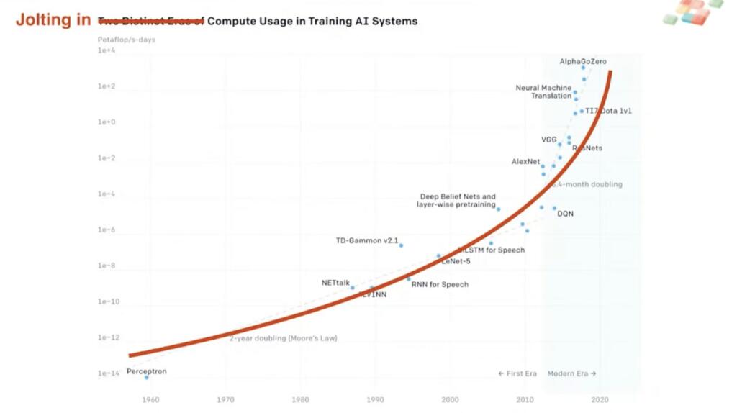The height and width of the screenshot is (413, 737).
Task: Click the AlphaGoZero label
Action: tap(583, 62)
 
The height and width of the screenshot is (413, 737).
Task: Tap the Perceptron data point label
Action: tap(146, 371)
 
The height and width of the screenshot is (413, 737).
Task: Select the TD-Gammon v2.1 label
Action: tap(367, 240)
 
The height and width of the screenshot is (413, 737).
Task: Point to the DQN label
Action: tap(566, 214)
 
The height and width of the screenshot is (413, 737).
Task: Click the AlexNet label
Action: tap(525, 162)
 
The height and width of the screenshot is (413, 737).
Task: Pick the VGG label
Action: tap(549, 140)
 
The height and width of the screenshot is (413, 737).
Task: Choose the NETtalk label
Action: tap(335, 283)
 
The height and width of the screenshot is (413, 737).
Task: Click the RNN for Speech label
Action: tap(440, 284)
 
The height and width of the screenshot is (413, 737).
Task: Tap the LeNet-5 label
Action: tap(456, 261)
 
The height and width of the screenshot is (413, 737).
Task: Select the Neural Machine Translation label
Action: tap(543, 91)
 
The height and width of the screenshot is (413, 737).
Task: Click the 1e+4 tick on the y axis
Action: tap(107, 51)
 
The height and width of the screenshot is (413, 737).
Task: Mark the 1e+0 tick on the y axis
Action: tap(107, 122)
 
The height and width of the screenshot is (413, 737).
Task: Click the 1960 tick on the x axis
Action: tap(150, 399)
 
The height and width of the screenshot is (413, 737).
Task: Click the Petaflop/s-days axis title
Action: tap(127, 40)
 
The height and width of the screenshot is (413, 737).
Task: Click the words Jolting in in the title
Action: tap(53, 20)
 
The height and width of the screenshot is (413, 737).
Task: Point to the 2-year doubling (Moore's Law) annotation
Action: tap(284, 338)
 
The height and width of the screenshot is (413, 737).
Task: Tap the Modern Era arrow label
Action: tap(571, 373)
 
